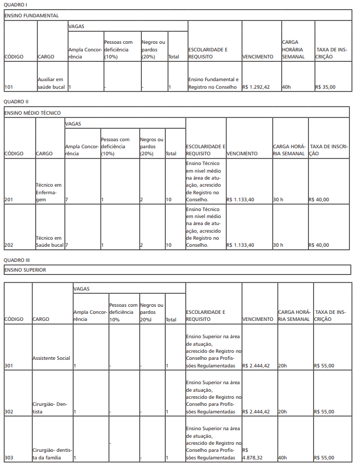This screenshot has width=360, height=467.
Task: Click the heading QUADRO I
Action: [16, 4]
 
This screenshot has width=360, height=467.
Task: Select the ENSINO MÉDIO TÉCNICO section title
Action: [32, 113]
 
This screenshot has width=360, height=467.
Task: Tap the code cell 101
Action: [9, 87]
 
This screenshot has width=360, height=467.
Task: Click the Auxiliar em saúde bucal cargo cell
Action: [50, 83]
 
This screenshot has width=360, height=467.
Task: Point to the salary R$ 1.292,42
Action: [256, 87]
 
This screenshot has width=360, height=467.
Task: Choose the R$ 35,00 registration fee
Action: [325, 87]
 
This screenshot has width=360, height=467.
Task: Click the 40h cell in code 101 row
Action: [287, 87]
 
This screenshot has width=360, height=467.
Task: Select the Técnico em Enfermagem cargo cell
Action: [49, 192]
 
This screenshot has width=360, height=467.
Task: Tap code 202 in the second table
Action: [9, 245]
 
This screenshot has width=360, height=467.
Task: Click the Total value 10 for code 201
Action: [169, 200]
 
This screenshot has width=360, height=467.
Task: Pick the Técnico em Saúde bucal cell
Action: [49, 241]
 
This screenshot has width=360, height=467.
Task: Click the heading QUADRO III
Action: [17, 260]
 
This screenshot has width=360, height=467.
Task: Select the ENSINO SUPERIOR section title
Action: [25, 269]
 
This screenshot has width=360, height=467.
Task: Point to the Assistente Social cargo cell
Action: [51, 358]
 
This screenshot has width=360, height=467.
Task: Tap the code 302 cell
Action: [9, 412]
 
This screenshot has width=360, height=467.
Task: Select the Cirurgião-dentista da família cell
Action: [51, 454]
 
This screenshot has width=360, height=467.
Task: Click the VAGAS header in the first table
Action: [76, 26]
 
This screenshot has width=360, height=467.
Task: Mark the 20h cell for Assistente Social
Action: [282, 366]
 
